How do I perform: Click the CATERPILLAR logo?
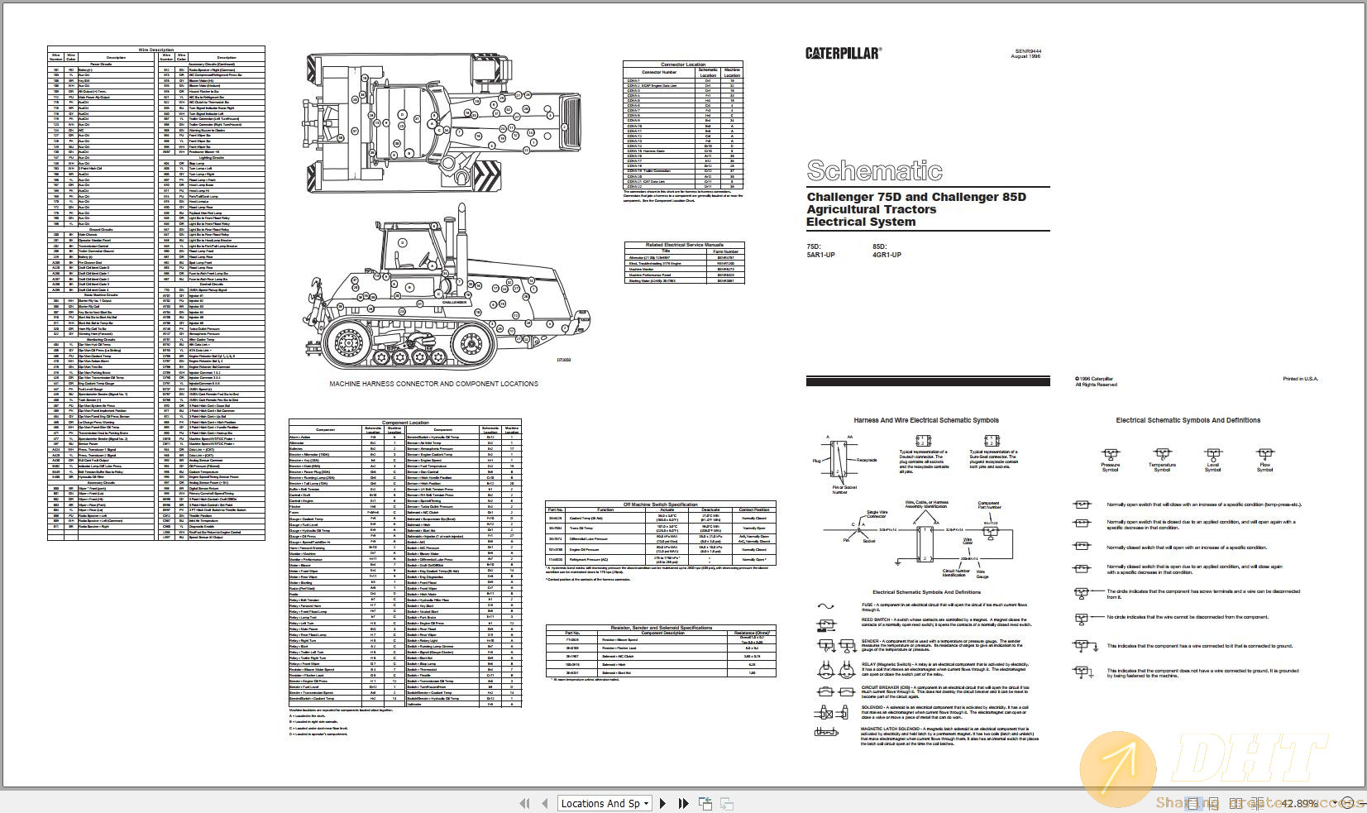[x=843, y=53]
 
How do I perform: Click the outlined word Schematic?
[x=874, y=170]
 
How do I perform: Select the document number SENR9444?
[x=1028, y=51]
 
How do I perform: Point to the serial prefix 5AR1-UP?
[x=820, y=255]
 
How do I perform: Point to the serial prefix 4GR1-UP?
[x=887, y=255]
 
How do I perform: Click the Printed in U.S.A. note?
[x=1300, y=379]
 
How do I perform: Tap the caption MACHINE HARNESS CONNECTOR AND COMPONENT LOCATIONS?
[x=433, y=384]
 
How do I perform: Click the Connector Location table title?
[x=683, y=64]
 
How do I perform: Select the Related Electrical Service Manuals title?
[x=685, y=245]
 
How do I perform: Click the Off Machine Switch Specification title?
[x=660, y=504]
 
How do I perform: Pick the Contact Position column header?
[x=753, y=509]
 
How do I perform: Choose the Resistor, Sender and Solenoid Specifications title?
[x=661, y=628]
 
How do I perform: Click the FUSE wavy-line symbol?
[x=825, y=606]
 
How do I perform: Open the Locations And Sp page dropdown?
[x=646, y=803]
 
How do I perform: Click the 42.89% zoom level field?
[x=1298, y=803]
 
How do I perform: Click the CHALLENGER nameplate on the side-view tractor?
[x=454, y=302]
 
